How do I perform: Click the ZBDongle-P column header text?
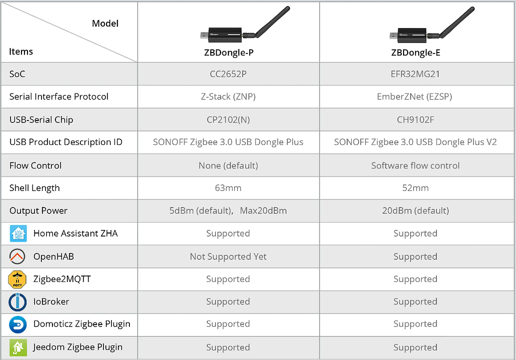coord(228,52)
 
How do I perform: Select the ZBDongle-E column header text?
coord(416,52)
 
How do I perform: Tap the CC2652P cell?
coord(228,74)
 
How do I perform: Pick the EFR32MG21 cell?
coord(416,74)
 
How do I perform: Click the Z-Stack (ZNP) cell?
coord(228,96)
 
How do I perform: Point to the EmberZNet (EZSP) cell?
coord(415,96)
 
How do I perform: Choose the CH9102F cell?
coord(416,119)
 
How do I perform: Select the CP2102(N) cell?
coord(228,119)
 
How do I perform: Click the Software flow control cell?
coord(416,165)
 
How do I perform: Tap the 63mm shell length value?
coord(228,188)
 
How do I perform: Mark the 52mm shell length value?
coord(416,188)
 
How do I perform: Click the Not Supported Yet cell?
coord(228,256)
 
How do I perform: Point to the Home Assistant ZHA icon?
coord(18,233)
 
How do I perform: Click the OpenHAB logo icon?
coord(17,256)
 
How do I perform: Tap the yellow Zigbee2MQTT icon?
coord(17,279)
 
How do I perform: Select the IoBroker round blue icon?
coord(17,302)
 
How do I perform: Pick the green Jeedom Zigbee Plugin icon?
coord(17,347)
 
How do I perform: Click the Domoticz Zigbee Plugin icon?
coord(17,324)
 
